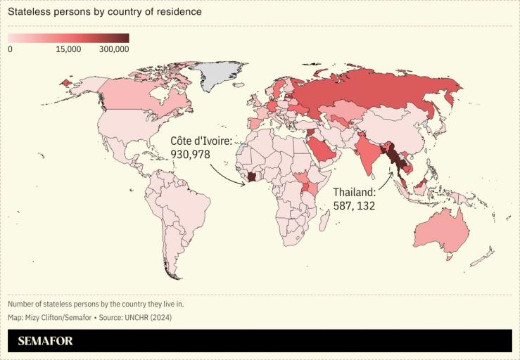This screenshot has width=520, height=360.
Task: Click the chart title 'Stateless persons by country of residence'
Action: pyautogui.click(x=105, y=12)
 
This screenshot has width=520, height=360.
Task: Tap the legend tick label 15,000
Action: pyautogui.click(x=69, y=49)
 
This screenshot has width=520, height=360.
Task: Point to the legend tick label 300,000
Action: pyautogui.click(x=114, y=49)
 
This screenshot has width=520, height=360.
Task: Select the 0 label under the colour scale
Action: pyautogui.click(x=11, y=49)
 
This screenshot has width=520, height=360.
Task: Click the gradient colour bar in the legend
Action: pyautogui.click(x=68, y=38)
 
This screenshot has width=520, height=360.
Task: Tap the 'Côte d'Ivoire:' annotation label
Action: pyautogui.click(x=201, y=141)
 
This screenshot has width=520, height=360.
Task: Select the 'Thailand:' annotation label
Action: pyautogui.click(x=354, y=192)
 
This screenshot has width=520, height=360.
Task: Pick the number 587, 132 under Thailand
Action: pyautogui.click(x=354, y=206)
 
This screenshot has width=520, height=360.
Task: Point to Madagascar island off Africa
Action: pyautogui.click(x=325, y=223)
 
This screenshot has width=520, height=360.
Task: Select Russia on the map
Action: pyautogui.click(x=373, y=91)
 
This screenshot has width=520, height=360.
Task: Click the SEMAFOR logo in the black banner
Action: pyautogui.click(x=46, y=341)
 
